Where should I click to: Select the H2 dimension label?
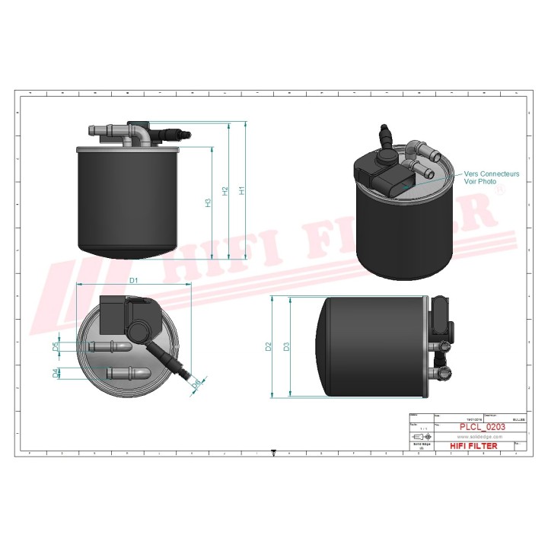coord(225,191)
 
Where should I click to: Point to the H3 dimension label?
coord(208,203)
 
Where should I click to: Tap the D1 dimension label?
coord(133,281)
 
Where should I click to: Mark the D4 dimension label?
coord(56,373)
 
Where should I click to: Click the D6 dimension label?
coord(196,384)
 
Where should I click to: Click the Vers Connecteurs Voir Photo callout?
coord(491,178)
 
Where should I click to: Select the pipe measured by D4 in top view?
coord(129,373)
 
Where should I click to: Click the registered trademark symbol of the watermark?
coord(499,193)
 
